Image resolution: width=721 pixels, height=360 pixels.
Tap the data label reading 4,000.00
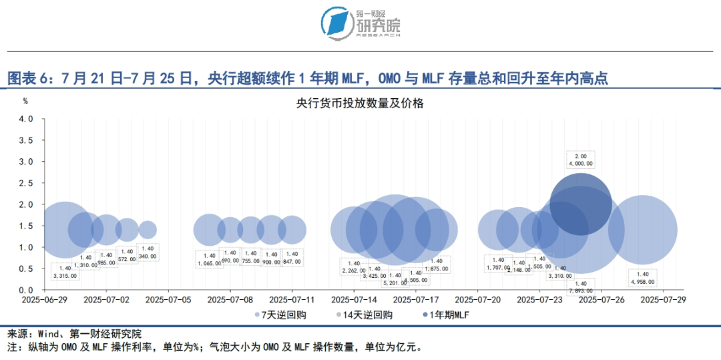coord(580,163)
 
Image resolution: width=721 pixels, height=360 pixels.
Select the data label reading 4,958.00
coord(643,282)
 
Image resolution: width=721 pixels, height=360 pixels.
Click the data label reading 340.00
coord(147,256)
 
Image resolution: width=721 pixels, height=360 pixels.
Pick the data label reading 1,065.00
coord(210,263)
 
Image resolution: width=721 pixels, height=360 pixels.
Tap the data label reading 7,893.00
coord(580,291)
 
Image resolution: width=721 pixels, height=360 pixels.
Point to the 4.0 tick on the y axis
coord(25,119)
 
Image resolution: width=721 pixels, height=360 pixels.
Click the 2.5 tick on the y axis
coord(25,183)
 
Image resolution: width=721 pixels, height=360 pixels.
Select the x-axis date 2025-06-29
coord(44,301)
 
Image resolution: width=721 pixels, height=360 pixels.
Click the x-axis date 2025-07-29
coord(663,301)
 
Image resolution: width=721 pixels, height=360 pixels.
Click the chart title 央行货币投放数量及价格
coord(360,104)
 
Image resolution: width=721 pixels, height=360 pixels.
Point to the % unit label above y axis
coord(25,102)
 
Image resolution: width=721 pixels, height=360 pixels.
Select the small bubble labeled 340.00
coord(148,230)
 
